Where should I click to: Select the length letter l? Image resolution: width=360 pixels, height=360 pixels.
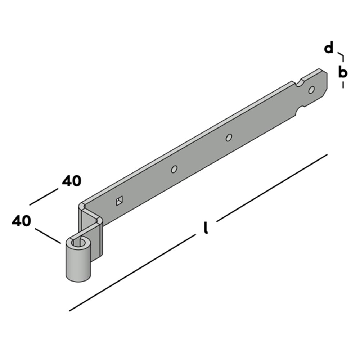point(206,228)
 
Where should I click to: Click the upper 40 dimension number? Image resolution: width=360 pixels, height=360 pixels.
point(72,181)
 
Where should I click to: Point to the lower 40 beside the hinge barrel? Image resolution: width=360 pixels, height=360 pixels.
point(21,221)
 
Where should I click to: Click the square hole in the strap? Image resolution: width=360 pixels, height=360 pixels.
point(119,201)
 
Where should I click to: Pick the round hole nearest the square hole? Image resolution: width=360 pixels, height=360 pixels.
point(174,169)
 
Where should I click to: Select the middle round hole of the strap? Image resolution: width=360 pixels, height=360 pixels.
point(229,137)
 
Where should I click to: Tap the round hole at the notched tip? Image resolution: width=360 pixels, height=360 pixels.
point(311,90)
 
